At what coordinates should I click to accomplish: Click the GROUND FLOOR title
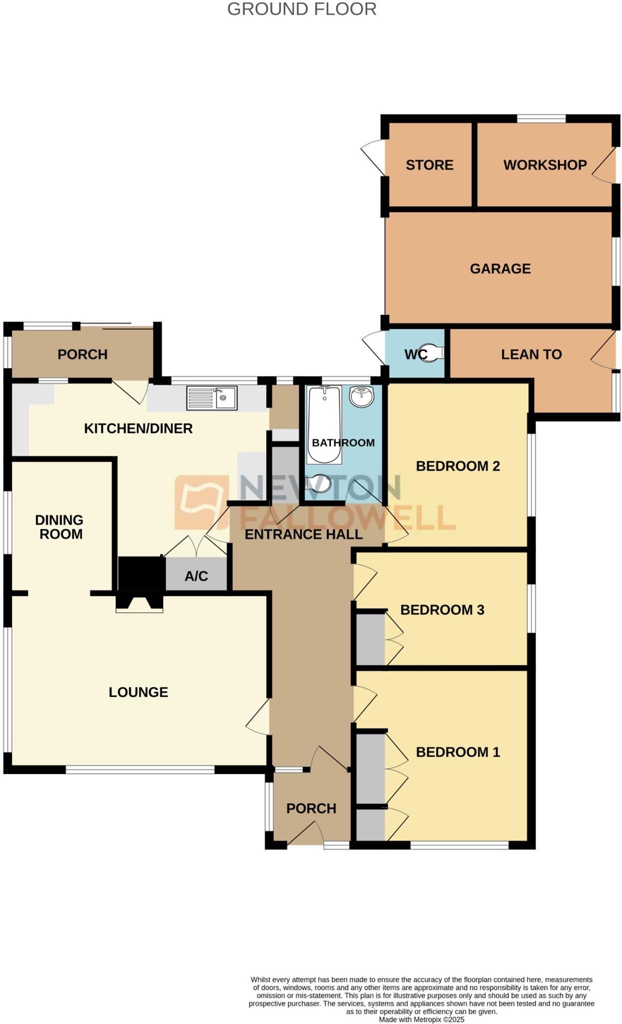302,9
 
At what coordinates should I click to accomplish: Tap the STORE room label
429,165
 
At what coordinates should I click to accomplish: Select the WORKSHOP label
545,165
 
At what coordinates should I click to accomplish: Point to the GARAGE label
500,268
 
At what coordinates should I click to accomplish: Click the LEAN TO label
531,354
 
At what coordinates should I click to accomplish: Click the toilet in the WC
433,352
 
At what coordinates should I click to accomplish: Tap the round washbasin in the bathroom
362,396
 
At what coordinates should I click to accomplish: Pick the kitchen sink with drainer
212,398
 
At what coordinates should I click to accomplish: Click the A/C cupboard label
196,576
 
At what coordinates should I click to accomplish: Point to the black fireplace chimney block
141,574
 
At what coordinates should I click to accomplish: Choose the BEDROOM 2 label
458,466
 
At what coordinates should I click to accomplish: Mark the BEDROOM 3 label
442,610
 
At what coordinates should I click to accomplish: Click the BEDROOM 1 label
458,752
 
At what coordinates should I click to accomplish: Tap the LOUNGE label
138,692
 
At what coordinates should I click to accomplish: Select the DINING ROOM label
60,527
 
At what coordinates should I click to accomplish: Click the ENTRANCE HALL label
303,534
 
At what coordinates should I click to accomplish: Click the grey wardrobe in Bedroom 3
370,639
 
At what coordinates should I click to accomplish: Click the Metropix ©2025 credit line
421,1019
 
